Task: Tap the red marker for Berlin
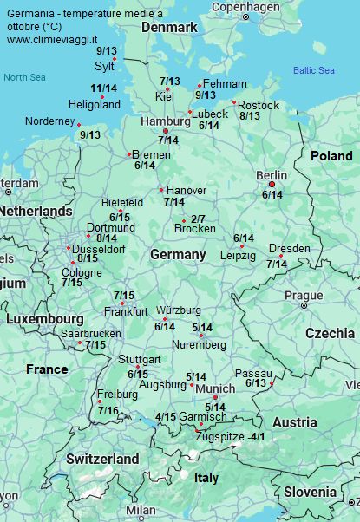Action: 272,185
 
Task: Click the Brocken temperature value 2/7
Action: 197,219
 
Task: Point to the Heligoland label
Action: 95,104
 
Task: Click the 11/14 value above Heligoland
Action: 103,88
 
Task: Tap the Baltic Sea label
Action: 313,70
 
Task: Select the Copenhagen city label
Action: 246,6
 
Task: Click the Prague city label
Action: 304,295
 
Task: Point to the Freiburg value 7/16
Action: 108,410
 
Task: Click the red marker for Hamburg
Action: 165,131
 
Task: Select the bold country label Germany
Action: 178,254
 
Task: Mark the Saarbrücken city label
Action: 91,333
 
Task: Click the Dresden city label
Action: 289,248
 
